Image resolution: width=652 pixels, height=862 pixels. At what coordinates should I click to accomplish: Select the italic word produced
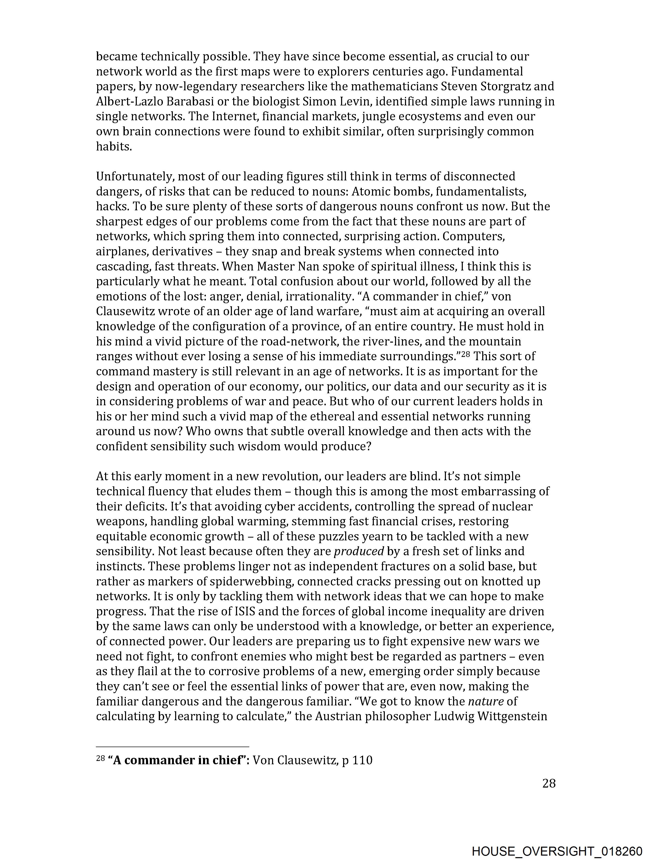359,551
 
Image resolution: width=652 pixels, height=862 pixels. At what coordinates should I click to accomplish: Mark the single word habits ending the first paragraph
114,147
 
